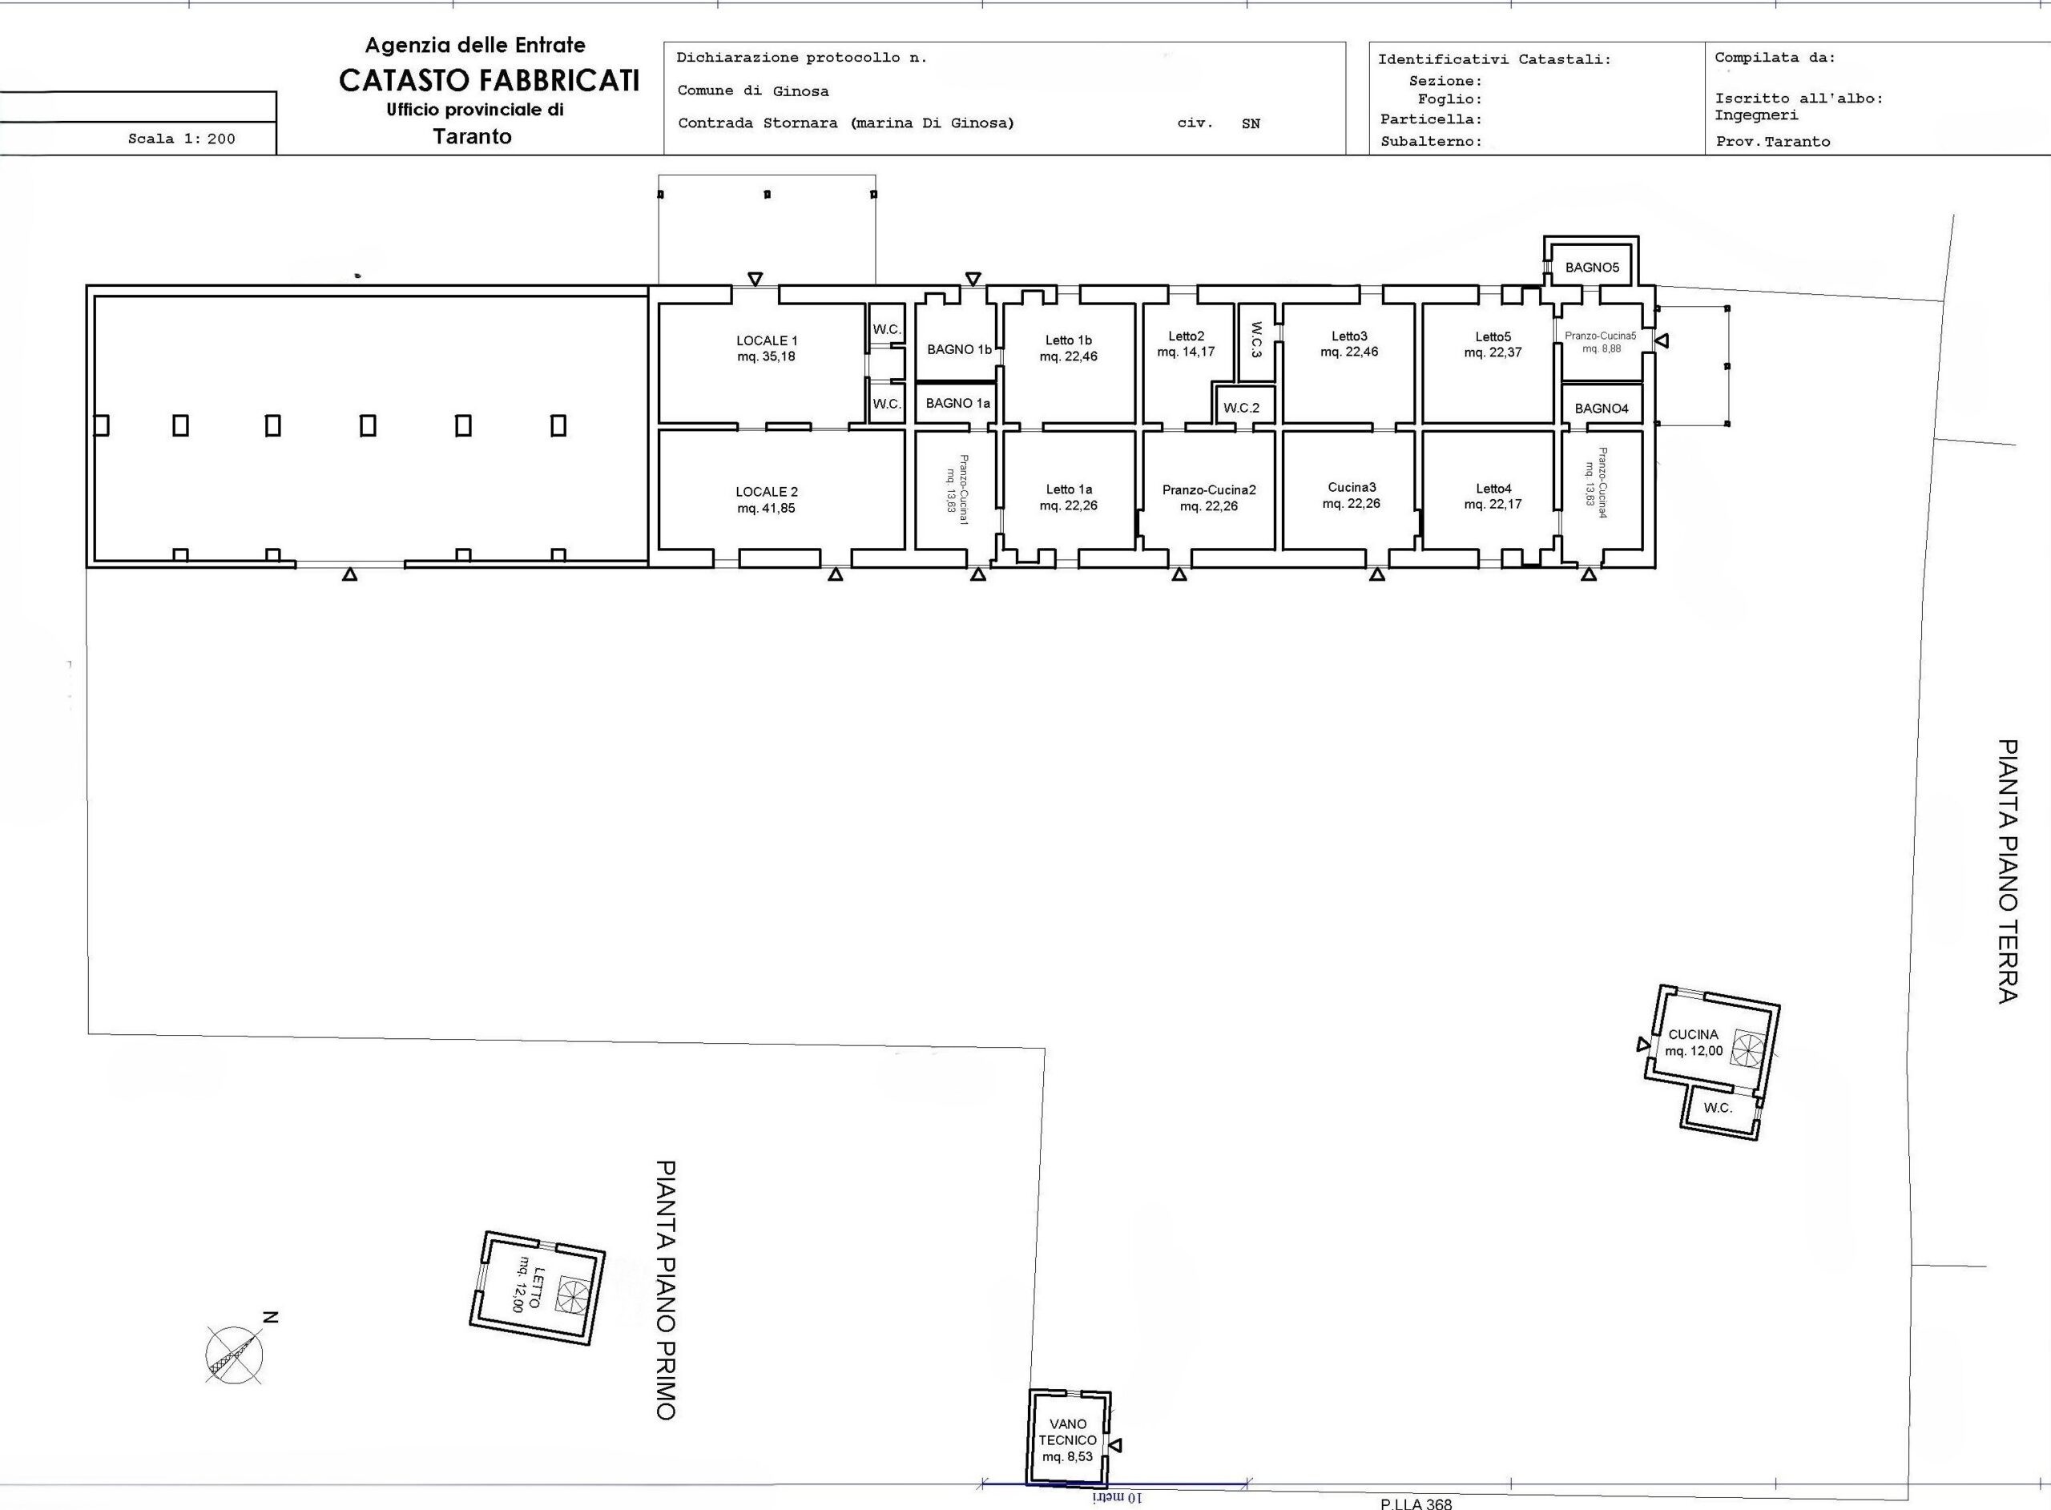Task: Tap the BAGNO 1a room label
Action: pos(958,403)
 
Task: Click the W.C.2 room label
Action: pos(1241,408)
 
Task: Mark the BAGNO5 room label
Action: pos(1592,268)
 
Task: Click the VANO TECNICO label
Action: pos(1067,1440)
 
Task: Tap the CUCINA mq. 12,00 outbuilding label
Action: pos(1694,1043)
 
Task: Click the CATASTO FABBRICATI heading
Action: pos(489,80)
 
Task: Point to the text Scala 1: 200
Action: pos(182,139)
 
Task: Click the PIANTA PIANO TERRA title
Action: pos(2007,872)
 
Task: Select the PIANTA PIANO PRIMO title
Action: pos(667,1290)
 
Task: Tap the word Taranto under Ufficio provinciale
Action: pos(473,137)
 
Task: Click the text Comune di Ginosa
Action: pos(753,91)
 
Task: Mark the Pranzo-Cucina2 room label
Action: pos(1208,497)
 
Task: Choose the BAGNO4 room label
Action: pos(1602,409)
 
